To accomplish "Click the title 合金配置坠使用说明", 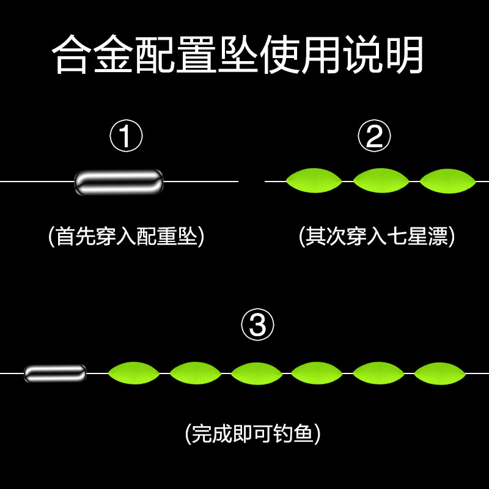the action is coord(237,55).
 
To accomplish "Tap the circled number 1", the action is coord(126,136).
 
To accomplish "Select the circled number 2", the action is coord(374,136).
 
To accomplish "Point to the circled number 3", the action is coord(257,325).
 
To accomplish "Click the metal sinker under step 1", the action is coord(119,182).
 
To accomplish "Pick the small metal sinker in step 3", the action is coord(55,373).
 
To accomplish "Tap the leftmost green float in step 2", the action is coord(314,180).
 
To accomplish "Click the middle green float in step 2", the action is coord(381,180).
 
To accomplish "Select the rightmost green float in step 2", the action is coord(447,181).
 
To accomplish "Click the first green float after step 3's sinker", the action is coord(134,373).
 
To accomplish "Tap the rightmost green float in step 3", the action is coord(439,373).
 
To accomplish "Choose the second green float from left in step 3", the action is coord(195,373).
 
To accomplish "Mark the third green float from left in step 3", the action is coord(256,373).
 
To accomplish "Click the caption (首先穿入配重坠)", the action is coord(127,236).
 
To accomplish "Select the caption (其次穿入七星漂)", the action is coord(377,236).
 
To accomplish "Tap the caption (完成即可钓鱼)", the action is coord(252,433).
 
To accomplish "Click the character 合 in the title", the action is coord(71,54).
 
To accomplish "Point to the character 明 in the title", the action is coord(405,55).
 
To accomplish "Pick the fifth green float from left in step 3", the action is coord(378,373).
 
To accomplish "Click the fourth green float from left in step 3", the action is coord(317,373).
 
